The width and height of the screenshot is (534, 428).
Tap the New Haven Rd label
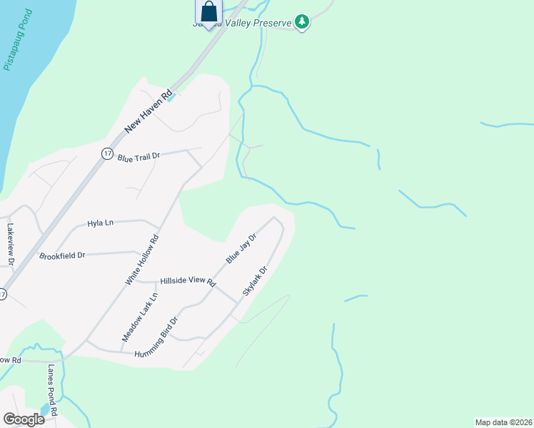[x=148, y=111]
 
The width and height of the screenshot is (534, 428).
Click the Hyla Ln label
[x=100, y=223]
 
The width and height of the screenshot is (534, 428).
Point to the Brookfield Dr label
[x=62, y=255]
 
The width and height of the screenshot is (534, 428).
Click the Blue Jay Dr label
[x=241, y=248]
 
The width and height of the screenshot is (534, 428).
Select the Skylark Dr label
[x=254, y=282]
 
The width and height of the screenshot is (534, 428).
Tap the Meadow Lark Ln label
[x=138, y=316]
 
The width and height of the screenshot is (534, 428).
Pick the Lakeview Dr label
[x=11, y=245]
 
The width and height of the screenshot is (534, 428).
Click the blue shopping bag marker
[x=208, y=11]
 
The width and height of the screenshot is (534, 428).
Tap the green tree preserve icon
[x=303, y=22]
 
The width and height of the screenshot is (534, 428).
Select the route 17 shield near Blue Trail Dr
[x=106, y=153]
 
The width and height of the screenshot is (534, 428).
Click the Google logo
[x=24, y=419]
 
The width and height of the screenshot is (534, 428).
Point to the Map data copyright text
[x=503, y=422]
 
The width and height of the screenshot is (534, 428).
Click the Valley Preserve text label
[x=259, y=23]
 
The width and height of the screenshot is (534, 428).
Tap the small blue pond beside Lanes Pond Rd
[x=45, y=410]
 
